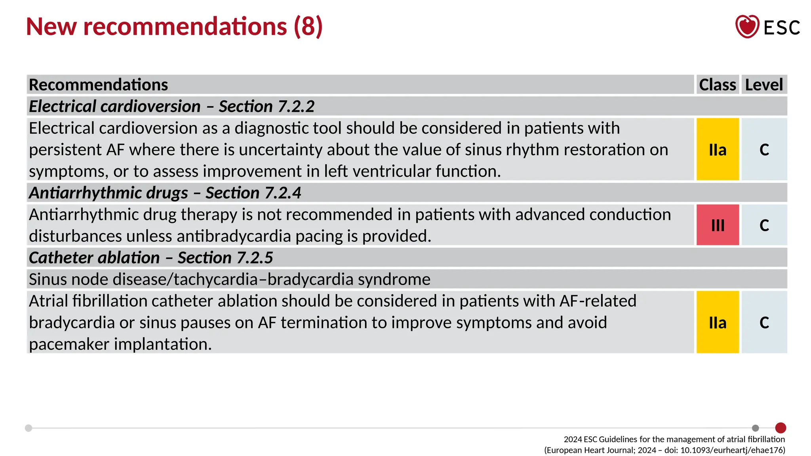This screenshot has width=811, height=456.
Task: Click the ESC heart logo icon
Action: [x=747, y=27]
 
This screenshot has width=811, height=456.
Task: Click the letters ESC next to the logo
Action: [x=782, y=28]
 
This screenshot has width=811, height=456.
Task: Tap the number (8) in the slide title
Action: [x=308, y=27]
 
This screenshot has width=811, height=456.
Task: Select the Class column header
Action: [x=717, y=85]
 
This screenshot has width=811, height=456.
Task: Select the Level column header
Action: [x=764, y=85]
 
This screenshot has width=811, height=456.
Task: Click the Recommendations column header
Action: [x=99, y=85]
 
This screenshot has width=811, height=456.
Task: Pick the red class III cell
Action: [x=718, y=225]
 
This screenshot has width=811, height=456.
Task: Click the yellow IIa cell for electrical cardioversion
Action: [x=718, y=149]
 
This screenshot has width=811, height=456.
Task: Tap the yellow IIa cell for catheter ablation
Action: [x=718, y=322]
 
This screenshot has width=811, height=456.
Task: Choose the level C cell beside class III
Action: [x=764, y=225]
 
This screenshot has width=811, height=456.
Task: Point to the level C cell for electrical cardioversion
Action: [x=764, y=149]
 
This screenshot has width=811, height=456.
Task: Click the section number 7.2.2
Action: [x=296, y=106]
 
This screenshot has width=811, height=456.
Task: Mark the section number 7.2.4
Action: [x=283, y=193]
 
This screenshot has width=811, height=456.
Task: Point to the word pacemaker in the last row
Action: [x=69, y=344]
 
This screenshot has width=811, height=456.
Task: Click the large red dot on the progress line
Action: [x=781, y=428]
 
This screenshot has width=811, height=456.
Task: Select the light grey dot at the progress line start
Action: [x=29, y=428]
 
